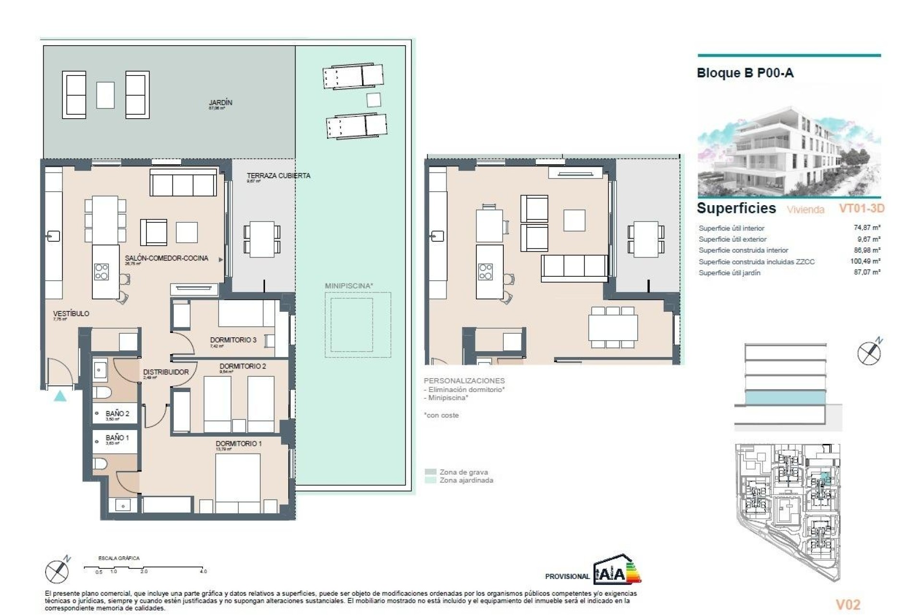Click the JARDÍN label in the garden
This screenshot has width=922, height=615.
(x=220, y=103)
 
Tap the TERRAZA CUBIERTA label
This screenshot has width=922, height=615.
(x=278, y=176)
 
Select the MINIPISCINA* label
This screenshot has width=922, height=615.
(x=349, y=286)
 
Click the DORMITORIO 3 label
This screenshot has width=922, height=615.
(x=233, y=340)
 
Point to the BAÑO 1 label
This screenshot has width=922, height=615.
(x=117, y=438)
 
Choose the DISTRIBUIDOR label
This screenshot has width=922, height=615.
(x=166, y=372)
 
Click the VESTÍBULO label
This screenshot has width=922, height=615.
(x=71, y=314)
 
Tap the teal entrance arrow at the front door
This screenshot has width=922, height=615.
(x=60, y=396)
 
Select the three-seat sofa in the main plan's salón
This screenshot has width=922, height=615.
(x=183, y=183)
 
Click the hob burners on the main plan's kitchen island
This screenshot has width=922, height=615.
(x=101, y=271)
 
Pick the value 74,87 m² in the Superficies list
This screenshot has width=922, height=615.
(x=867, y=228)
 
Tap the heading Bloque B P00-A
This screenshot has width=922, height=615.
(x=745, y=73)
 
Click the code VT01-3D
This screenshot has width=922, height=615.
(x=861, y=209)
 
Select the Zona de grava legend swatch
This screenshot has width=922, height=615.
(x=431, y=472)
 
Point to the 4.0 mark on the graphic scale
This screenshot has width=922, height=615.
(x=204, y=571)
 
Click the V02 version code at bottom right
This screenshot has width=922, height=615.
(x=848, y=604)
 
